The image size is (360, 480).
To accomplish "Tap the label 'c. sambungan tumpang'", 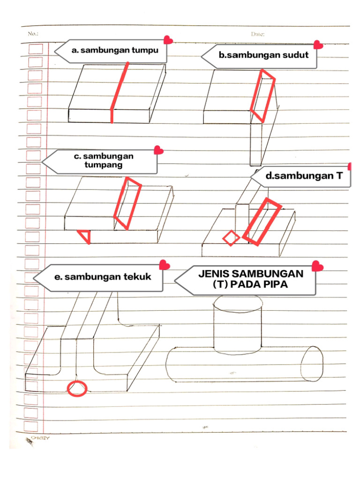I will (x=103, y=160).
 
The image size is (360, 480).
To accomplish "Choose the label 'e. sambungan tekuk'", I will (x=102, y=277).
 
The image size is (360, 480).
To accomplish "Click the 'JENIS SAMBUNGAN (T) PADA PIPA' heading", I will (x=250, y=279).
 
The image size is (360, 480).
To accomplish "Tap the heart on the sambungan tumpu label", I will (x=168, y=41).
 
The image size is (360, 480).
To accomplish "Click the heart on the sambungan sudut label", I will (x=318, y=45).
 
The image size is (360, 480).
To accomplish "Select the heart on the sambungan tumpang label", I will (x=159, y=150).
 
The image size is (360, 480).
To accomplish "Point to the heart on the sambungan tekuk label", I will (x=165, y=265).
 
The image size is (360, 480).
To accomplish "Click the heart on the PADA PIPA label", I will (x=317, y=266).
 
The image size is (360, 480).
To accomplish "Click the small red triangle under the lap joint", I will (x=85, y=236).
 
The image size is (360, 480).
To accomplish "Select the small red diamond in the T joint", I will (x=230, y=238).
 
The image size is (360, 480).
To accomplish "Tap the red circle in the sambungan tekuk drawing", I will (x=76, y=388).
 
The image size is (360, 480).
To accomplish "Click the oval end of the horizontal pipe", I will (x=312, y=365).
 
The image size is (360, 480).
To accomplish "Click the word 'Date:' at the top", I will (x=258, y=34).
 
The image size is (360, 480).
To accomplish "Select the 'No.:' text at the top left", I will (x=33, y=34).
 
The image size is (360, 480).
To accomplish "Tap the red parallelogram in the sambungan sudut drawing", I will (x=263, y=96).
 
